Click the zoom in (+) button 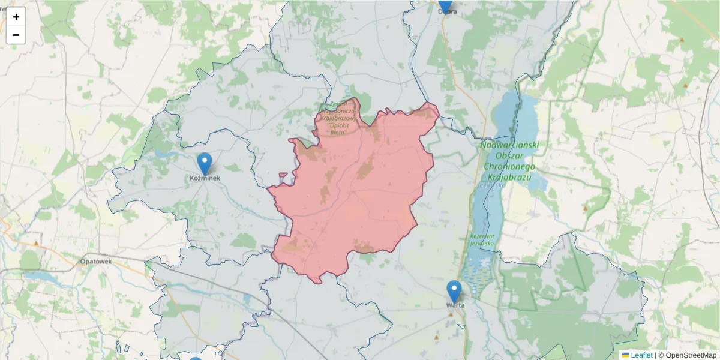click(16, 17)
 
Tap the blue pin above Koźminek click(205, 163)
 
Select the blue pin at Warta click(454, 291)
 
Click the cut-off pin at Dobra click(445, 5)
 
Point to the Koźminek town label click(205, 178)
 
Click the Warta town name click(455, 305)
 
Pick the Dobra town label click(447, 11)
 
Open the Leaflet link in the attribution click(641, 355)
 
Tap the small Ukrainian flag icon click(625, 355)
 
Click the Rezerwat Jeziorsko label click(482, 239)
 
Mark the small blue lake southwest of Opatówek click(42, 277)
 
